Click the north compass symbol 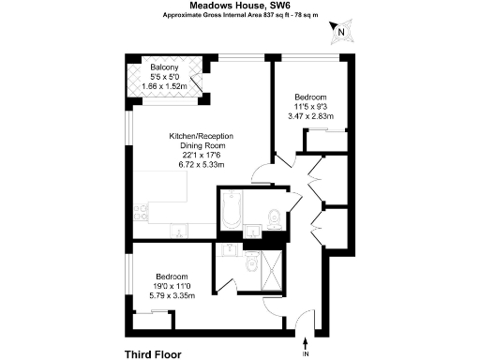341,32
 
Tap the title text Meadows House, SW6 240,6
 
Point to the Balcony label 165,67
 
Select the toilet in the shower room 247,267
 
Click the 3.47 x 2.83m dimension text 310,116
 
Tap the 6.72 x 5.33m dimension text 201,165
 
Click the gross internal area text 240,16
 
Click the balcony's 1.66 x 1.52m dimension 165,87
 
